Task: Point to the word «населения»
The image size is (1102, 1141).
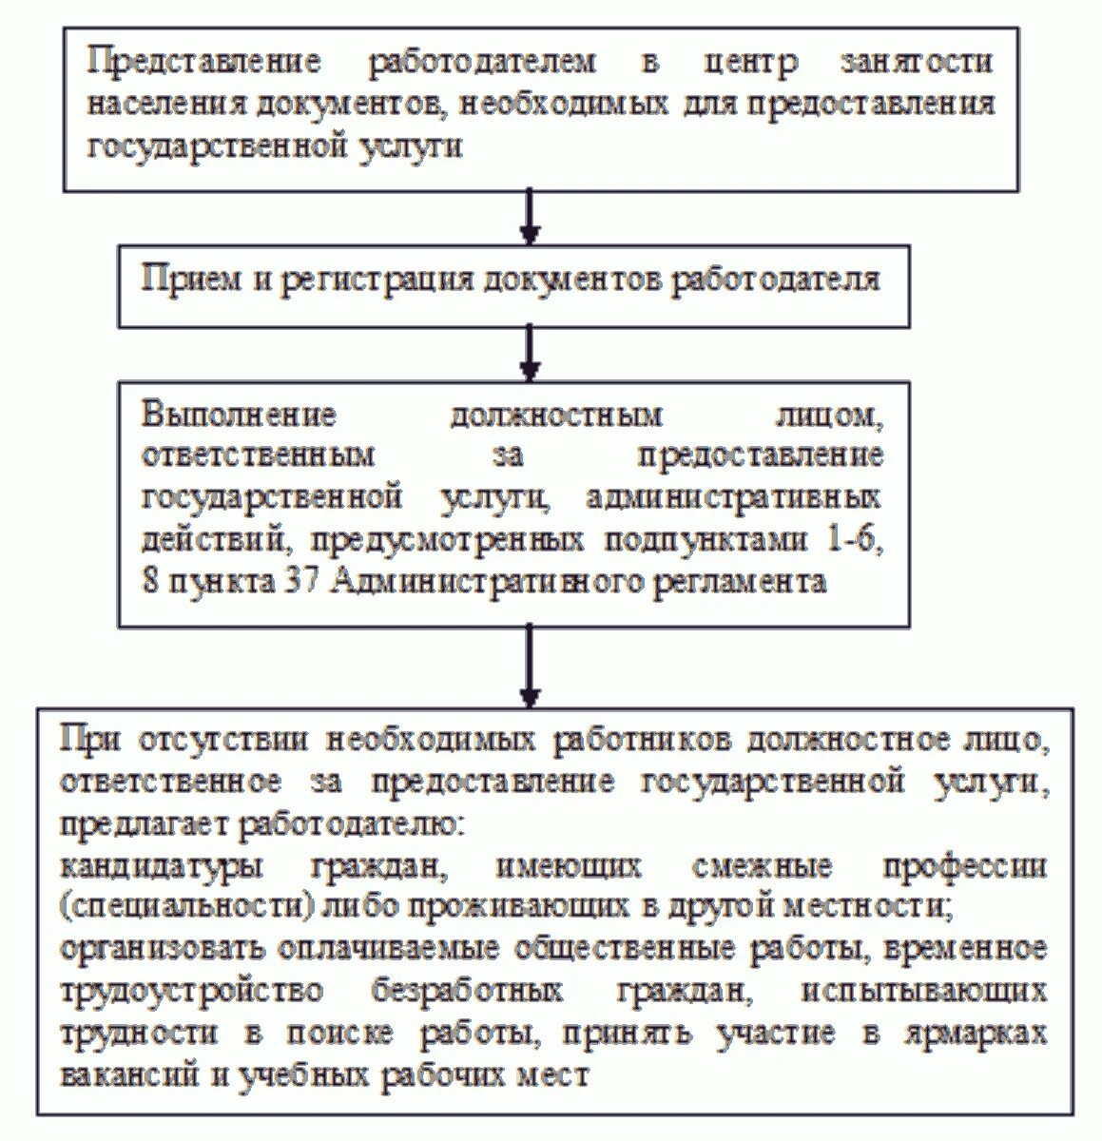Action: pyautogui.click(x=167, y=104)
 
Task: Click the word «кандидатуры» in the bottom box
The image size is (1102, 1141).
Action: pyautogui.click(x=162, y=867)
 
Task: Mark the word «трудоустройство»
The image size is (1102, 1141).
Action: pyautogui.click(x=191, y=992)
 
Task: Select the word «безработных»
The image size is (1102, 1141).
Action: pyautogui.click(x=468, y=992)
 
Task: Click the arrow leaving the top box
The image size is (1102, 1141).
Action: pyautogui.click(x=531, y=217)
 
